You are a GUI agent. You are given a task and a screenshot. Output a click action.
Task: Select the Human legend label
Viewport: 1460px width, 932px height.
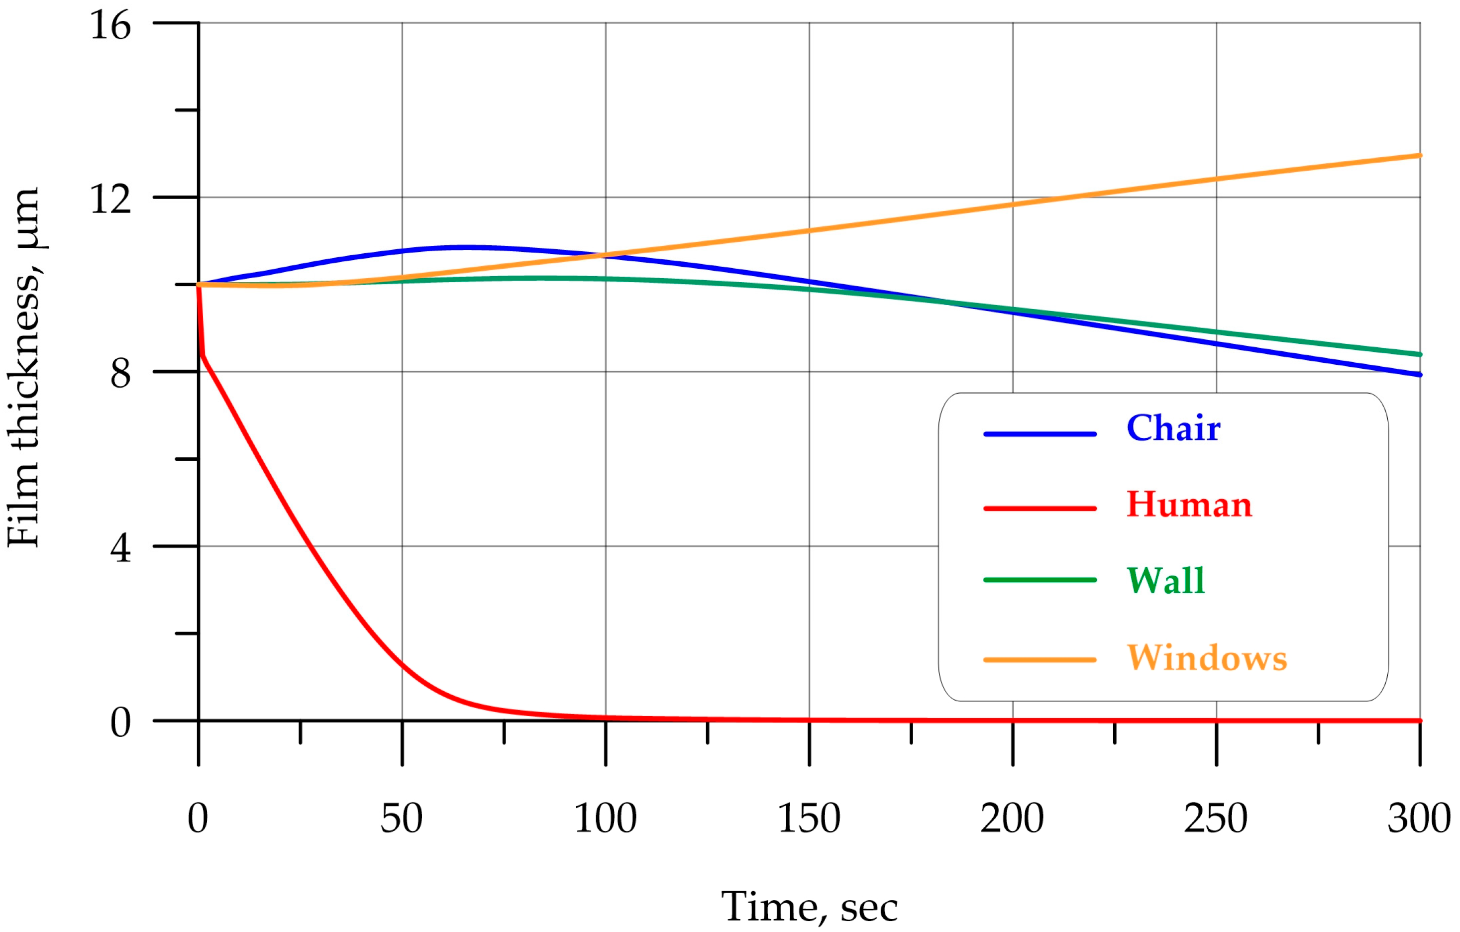pyautogui.click(x=1188, y=505)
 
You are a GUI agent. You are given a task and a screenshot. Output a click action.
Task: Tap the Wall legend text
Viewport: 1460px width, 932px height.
pyautogui.click(x=1165, y=580)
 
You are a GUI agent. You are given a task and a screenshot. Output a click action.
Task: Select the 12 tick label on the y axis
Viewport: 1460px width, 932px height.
pyautogui.click(x=110, y=199)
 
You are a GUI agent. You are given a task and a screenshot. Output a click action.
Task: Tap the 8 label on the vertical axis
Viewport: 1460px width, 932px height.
pyautogui.click(x=120, y=374)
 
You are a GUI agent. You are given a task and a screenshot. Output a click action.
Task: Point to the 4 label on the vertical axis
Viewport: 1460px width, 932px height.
pyautogui.click(x=120, y=548)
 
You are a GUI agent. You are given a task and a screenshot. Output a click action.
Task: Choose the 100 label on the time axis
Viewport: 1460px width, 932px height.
pyautogui.click(x=605, y=819)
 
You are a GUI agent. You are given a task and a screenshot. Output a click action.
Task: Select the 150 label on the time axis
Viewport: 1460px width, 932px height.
pyautogui.click(x=808, y=819)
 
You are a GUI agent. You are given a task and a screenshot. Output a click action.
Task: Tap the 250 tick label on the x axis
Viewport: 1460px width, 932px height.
pyautogui.click(x=1215, y=819)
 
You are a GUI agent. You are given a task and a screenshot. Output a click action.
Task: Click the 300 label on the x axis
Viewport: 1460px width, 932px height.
pyautogui.click(x=1419, y=819)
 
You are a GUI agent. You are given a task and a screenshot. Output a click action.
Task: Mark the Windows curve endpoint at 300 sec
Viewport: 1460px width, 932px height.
pyautogui.click(x=1419, y=156)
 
